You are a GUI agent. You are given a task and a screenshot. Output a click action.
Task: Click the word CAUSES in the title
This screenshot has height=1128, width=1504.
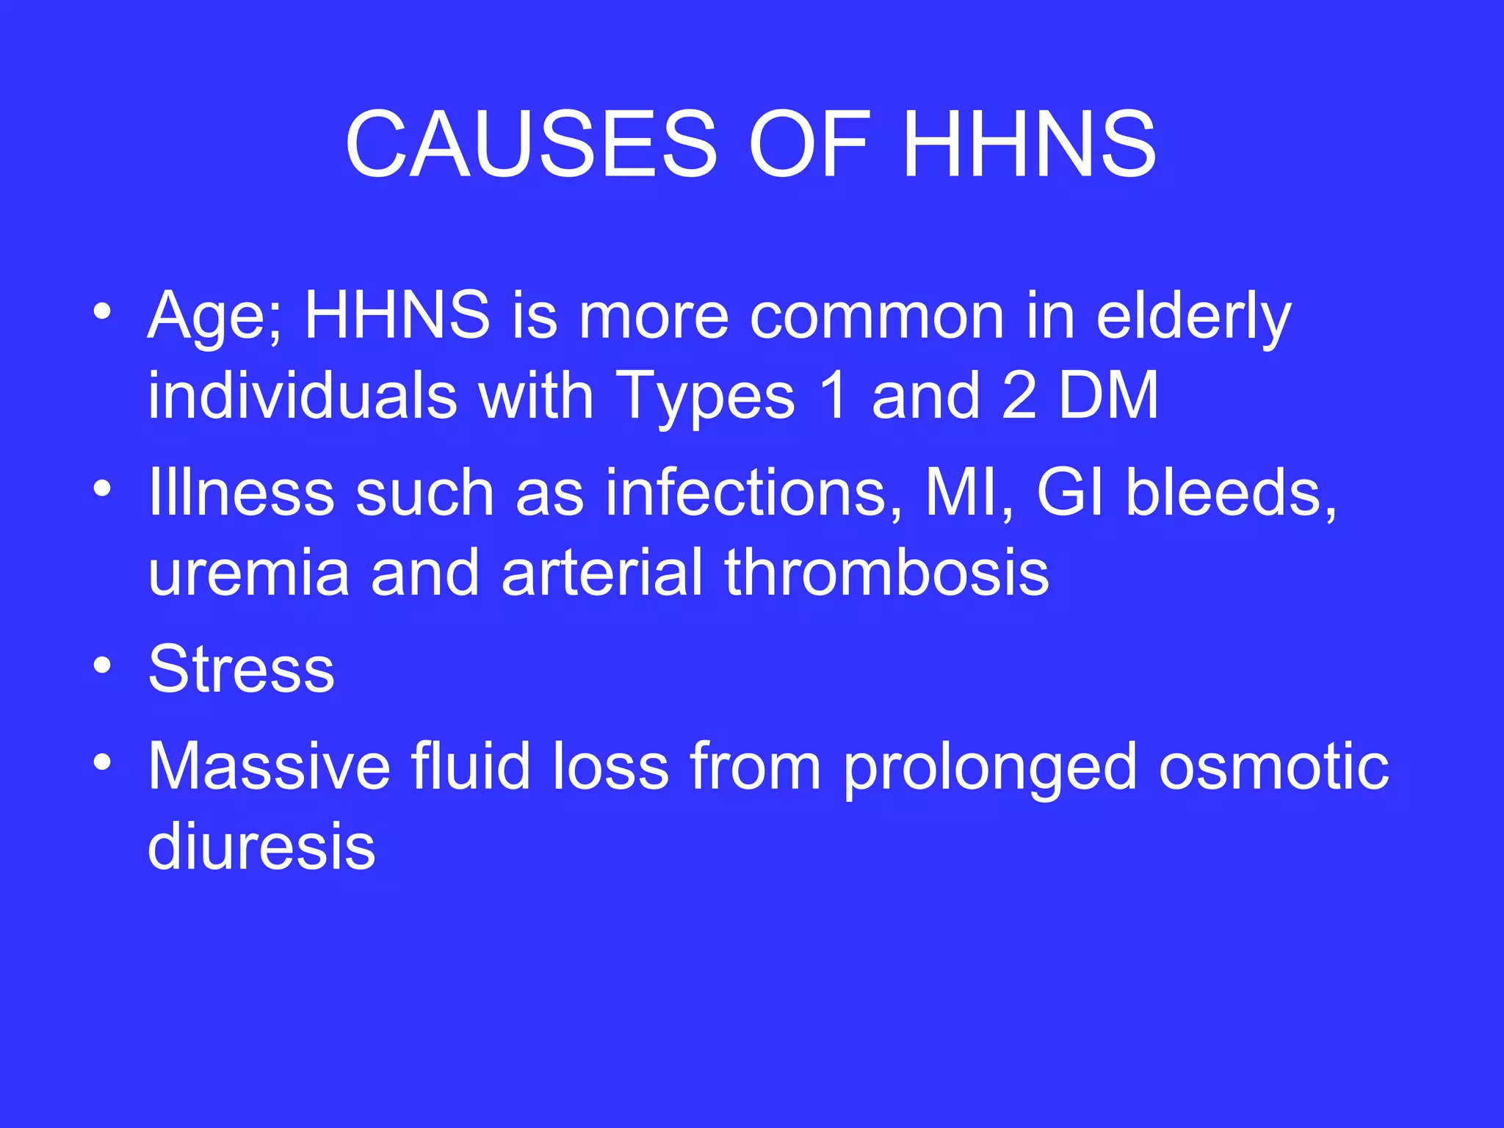coord(530,144)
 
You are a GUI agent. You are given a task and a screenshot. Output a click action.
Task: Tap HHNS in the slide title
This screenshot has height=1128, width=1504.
coord(1029,144)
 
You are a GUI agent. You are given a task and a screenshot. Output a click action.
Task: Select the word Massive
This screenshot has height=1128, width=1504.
coord(269,767)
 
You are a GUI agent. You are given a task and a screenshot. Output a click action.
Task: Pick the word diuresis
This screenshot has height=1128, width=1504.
coord(261,846)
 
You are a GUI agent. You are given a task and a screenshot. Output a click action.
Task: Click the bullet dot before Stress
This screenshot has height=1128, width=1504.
coord(103,665)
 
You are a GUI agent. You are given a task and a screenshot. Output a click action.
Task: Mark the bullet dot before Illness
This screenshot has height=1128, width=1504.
coord(103,488)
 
